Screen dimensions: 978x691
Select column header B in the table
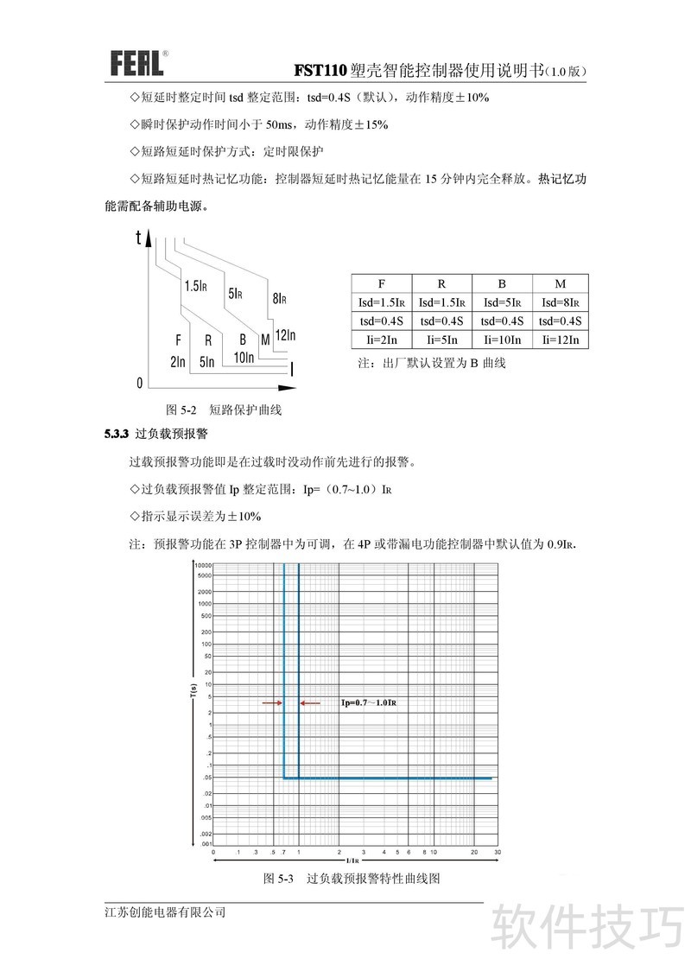click(x=502, y=283)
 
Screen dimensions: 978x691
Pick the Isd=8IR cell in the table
click(x=560, y=302)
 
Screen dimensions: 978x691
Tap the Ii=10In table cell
click(x=502, y=340)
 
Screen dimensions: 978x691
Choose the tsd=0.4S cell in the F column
click(x=381, y=321)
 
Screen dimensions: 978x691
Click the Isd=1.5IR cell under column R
click(x=441, y=302)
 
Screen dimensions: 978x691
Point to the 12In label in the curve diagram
click(x=286, y=335)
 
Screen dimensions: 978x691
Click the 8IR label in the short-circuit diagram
click(x=279, y=299)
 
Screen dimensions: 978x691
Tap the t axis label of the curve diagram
click(x=138, y=238)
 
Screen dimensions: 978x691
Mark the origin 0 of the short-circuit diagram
click(x=139, y=382)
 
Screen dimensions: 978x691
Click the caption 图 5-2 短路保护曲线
click(x=224, y=410)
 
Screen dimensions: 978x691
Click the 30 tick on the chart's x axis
click(x=498, y=852)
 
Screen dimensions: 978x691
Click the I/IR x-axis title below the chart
click(x=352, y=861)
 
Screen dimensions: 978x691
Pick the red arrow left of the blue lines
click(x=271, y=703)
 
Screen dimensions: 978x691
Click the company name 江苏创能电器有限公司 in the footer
click(x=164, y=912)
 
